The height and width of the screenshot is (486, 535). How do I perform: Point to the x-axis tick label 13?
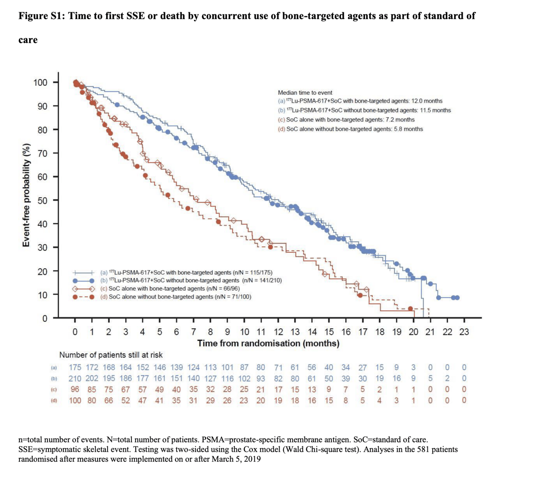click(x=295, y=332)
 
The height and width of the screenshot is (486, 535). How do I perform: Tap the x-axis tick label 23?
click(x=464, y=332)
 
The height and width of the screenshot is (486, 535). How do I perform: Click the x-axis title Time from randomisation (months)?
click(x=268, y=343)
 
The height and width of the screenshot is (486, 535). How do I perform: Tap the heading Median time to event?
click(x=305, y=93)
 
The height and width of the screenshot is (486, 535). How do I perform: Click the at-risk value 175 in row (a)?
click(x=75, y=368)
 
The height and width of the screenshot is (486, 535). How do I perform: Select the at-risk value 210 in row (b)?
click(x=75, y=378)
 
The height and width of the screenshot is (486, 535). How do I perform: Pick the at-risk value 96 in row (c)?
click(x=75, y=390)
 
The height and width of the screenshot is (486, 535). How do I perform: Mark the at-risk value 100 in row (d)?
click(x=75, y=400)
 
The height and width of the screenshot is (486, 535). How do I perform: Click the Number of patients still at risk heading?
click(x=111, y=355)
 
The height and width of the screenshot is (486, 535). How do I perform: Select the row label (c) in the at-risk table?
click(x=54, y=390)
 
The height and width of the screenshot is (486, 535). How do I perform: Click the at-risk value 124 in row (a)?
click(x=193, y=368)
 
